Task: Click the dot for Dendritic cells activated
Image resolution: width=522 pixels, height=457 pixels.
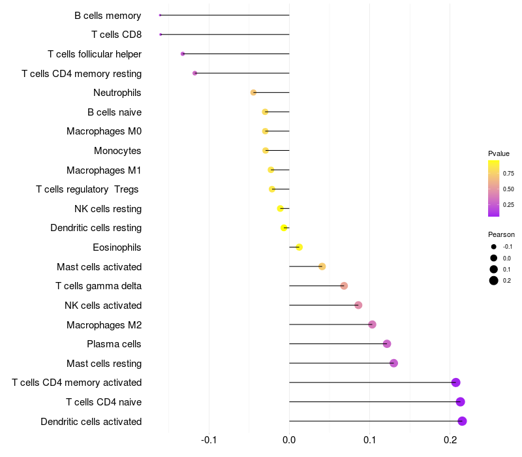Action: (462, 421)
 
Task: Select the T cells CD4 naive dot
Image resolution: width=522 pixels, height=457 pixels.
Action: (460, 402)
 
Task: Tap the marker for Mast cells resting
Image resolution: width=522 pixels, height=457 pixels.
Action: (393, 363)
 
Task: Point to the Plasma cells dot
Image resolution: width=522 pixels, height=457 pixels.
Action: (387, 343)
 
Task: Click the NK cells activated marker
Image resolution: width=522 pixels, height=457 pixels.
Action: (358, 305)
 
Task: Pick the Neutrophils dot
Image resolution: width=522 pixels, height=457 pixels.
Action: (253, 93)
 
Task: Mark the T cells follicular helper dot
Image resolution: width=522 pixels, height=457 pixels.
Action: (183, 54)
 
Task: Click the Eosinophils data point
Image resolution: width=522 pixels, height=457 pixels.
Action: (299, 247)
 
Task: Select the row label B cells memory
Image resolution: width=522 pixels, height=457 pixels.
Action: (108, 15)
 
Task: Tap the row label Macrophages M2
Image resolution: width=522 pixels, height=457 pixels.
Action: (104, 324)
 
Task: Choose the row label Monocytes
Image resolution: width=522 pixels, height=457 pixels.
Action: (117, 151)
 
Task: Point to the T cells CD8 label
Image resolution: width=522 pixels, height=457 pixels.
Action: (116, 35)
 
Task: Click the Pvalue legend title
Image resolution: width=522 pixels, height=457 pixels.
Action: (499, 153)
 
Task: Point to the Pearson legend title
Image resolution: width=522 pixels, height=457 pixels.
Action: (501, 234)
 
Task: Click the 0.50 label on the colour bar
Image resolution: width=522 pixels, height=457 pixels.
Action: (508, 189)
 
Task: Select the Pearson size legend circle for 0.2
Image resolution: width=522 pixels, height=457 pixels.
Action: (494, 281)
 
